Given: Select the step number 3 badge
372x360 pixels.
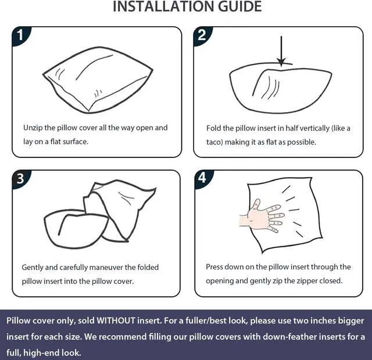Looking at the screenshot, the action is point(20,178).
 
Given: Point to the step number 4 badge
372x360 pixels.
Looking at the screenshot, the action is point(202,178).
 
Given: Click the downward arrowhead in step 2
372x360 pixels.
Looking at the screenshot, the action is point(281,62).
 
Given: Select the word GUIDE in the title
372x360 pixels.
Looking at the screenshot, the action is point(239,6).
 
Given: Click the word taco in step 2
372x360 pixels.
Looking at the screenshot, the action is point(214,142).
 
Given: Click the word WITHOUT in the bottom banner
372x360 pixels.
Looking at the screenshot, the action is point(116,321).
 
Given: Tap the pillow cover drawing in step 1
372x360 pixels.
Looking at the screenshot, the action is point(98,80).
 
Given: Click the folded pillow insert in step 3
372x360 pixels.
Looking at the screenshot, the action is point(76,229).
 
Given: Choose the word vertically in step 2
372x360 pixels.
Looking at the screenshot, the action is point(314,128).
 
